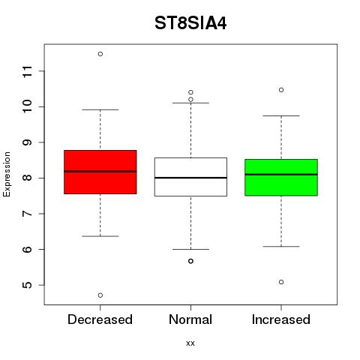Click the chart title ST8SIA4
(x=190, y=23)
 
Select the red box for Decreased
(x=100, y=172)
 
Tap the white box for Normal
(x=190, y=177)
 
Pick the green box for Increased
(x=281, y=177)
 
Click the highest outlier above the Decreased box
(x=100, y=54)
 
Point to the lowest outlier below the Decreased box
(x=100, y=295)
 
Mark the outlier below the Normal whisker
(x=190, y=261)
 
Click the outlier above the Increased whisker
(x=281, y=90)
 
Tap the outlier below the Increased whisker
(x=281, y=282)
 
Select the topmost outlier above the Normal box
(x=190, y=92)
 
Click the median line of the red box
(x=100, y=172)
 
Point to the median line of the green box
(x=281, y=175)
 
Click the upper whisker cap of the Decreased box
(x=100, y=109)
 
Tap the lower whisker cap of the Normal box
(x=190, y=249)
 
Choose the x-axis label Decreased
(x=100, y=319)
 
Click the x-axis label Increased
(x=281, y=319)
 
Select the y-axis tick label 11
(x=28, y=71)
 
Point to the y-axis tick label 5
(x=28, y=285)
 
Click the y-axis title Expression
(x=7, y=174)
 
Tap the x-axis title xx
(x=190, y=343)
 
